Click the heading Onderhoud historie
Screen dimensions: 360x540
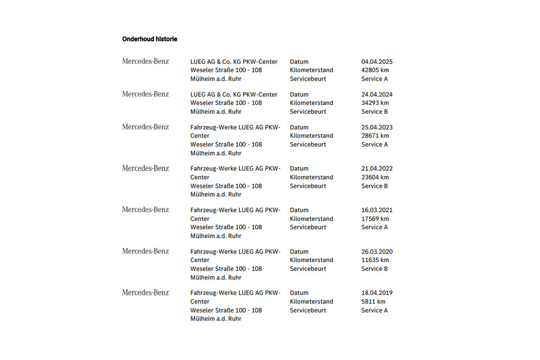coord(150,39)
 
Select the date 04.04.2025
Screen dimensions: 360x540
coord(377,62)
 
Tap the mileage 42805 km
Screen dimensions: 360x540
coord(375,70)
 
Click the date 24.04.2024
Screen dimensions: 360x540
coord(377,94)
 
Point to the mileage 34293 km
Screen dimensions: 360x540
coord(375,103)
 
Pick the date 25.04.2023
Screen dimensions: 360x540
coord(377,127)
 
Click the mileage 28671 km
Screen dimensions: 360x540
coord(375,135)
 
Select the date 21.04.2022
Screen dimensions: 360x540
coord(377,169)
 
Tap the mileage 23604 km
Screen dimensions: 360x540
coord(375,177)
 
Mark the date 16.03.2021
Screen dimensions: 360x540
coord(377,210)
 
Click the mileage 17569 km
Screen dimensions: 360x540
coord(375,219)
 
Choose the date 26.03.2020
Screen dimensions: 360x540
coord(377,251)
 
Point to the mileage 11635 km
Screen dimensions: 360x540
coord(375,260)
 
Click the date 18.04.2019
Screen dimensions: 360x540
coord(377,293)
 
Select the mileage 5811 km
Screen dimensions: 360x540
coord(373,301)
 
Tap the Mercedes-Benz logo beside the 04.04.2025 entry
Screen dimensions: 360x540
coord(146,61)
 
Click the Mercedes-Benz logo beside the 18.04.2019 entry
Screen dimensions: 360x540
coord(146,293)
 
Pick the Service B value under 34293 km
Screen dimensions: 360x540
coord(374,112)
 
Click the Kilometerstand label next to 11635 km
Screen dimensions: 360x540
coord(312,260)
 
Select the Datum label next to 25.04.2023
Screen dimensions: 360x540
coord(299,127)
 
